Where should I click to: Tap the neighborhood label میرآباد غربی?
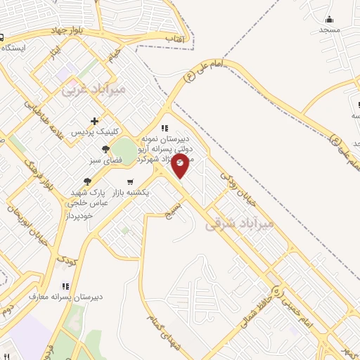[x=94, y=89]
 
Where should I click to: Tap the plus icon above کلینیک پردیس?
[x=95, y=121]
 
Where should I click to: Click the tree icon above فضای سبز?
[x=105, y=149]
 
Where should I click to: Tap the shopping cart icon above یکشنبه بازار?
[x=129, y=181]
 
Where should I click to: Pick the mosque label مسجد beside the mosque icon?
[x=329, y=30]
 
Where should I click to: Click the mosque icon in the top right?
[x=329, y=19]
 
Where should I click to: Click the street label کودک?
[x=67, y=261]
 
